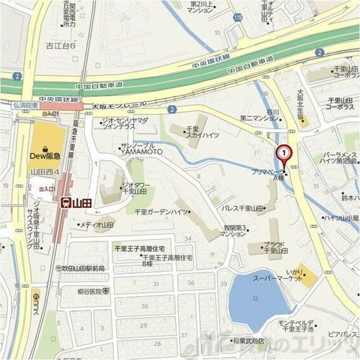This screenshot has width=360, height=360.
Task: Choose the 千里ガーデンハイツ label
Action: (163, 211)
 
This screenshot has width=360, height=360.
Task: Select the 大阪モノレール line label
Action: (119, 104)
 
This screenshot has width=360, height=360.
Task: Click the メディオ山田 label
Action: (96, 225)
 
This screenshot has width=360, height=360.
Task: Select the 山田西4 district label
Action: (45, 172)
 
